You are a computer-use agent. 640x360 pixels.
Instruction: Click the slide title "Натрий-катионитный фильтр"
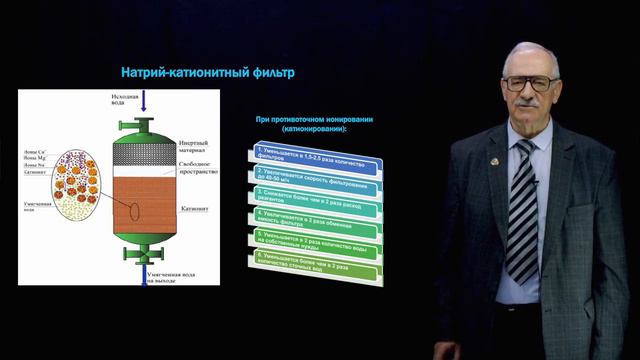pyautogui.click(x=208, y=72)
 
